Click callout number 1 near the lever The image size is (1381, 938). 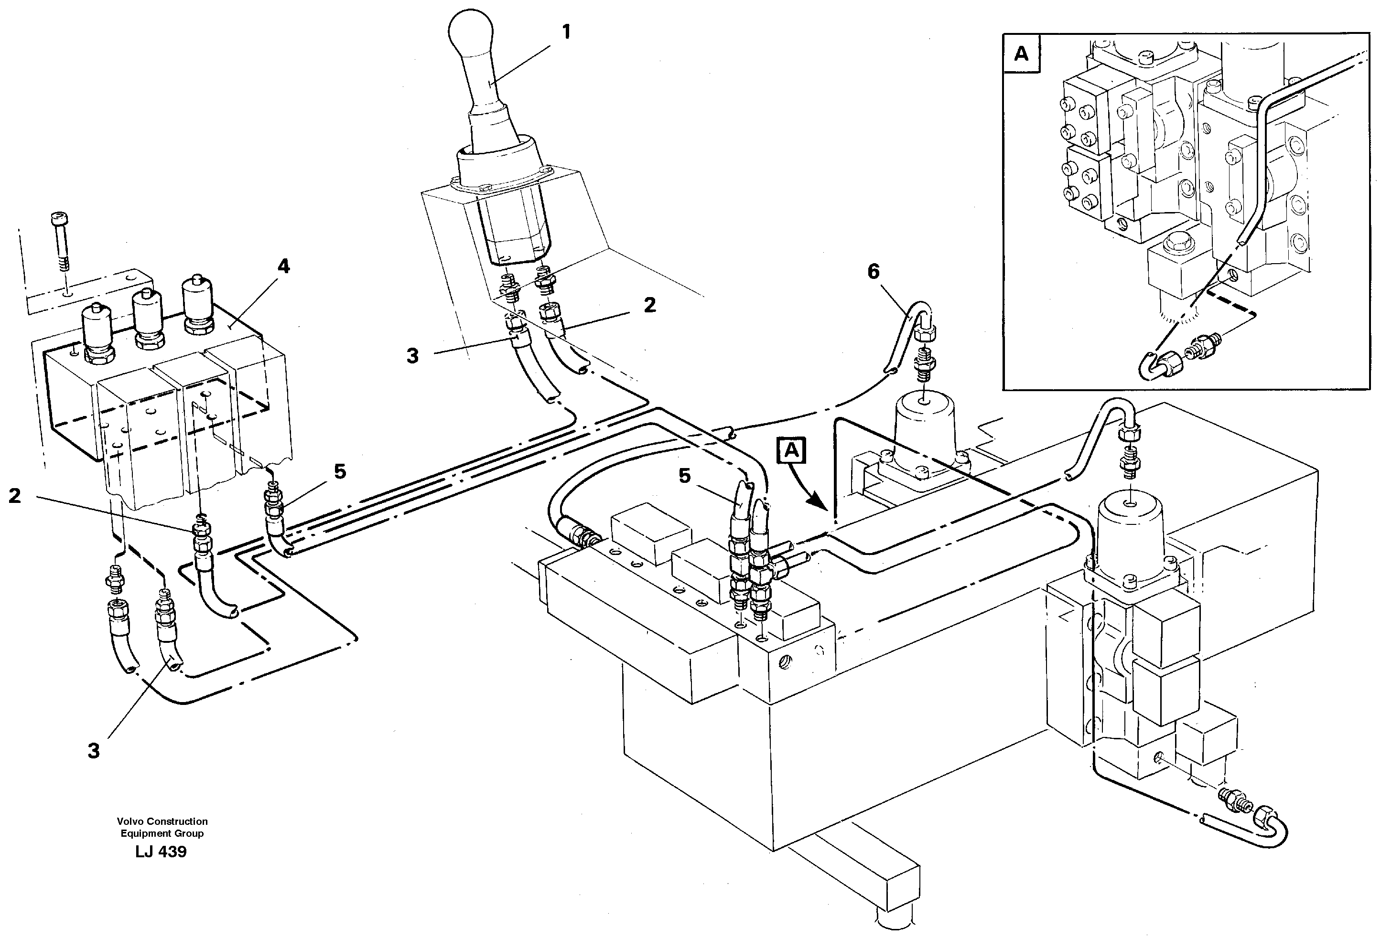click(x=566, y=32)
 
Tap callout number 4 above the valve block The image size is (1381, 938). click(x=283, y=266)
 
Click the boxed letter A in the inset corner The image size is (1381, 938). click(x=1021, y=54)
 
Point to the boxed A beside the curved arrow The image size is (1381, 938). click(x=791, y=451)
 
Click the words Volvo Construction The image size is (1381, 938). click(x=162, y=821)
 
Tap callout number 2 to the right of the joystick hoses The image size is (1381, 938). click(x=649, y=305)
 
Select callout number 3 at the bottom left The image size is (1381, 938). click(x=93, y=751)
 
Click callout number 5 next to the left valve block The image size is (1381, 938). click(x=339, y=471)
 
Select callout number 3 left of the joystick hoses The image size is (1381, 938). click(x=412, y=356)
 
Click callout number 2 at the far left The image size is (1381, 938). click(x=15, y=496)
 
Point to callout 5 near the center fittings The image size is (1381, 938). click(x=685, y=476)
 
